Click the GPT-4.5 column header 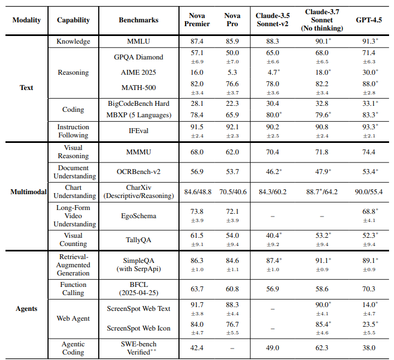click(x=368, y=20)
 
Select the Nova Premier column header click(x=197, y=20)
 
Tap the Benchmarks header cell click(x=139, y=20)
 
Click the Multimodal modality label click(x=28, y=192)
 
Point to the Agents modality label click(x=26, y=309)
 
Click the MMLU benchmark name click(x=139, y=41)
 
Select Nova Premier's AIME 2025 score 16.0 click(x=197, y=73)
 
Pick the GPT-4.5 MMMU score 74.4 click(x=368, y=152)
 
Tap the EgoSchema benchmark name click(x=139, y=216)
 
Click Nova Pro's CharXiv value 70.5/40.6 click(x=232, y=192)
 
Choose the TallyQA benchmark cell click(x=139, y=240)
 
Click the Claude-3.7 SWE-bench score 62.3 click(x=322, y=348)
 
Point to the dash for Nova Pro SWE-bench click(x=232, y=349)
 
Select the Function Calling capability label click(x=73, y=289)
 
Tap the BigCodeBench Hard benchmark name click(x=139, y=104)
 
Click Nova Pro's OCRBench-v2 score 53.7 click(x=232, y=172)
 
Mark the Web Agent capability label click(x=73, y=319)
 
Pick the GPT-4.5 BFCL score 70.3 click(x=368, y=289)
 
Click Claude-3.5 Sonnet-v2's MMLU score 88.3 click(x=273, y=41)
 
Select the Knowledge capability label click(x=73, y=41)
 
